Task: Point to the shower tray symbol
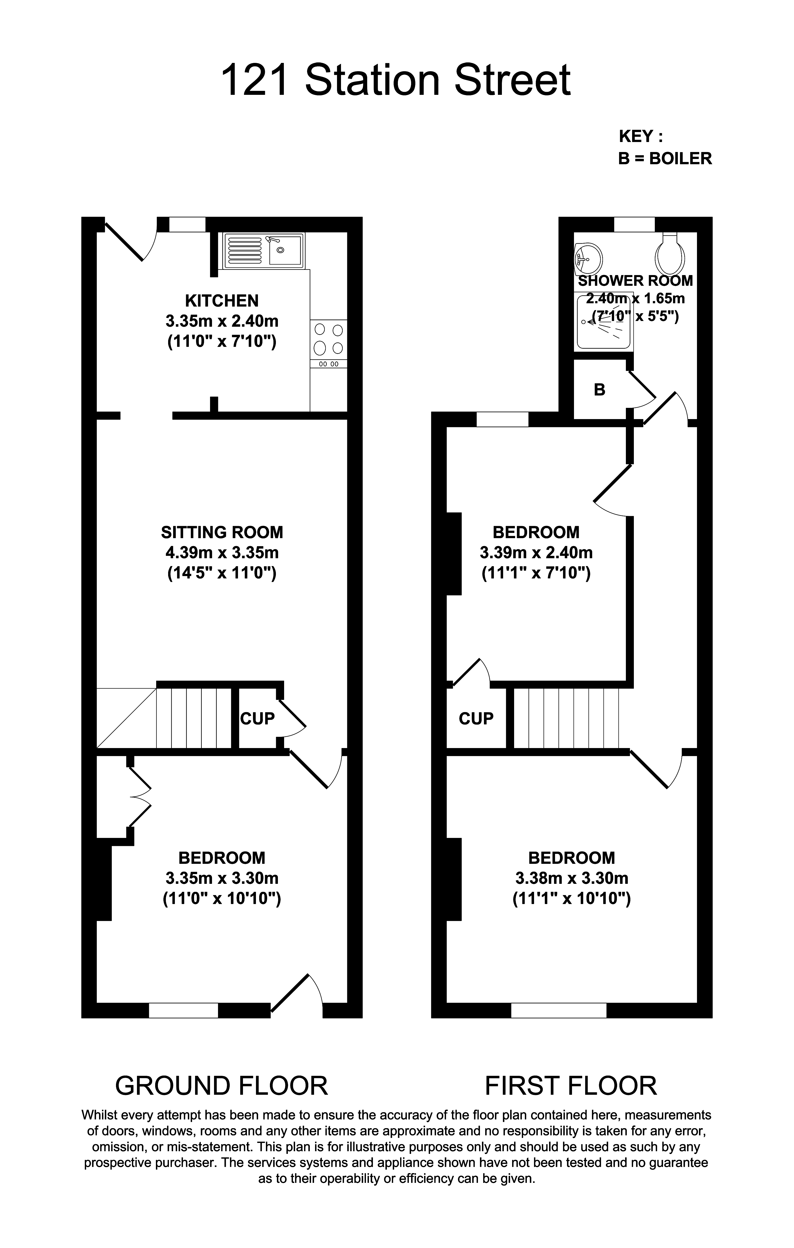tap(604, 322)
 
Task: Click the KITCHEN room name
tap(222, 301)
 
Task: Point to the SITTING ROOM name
tap(222, 532)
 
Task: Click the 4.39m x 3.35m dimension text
tap(222, 553)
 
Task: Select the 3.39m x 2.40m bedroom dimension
tap(536, 553)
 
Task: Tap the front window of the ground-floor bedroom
tap(183, 1010)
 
